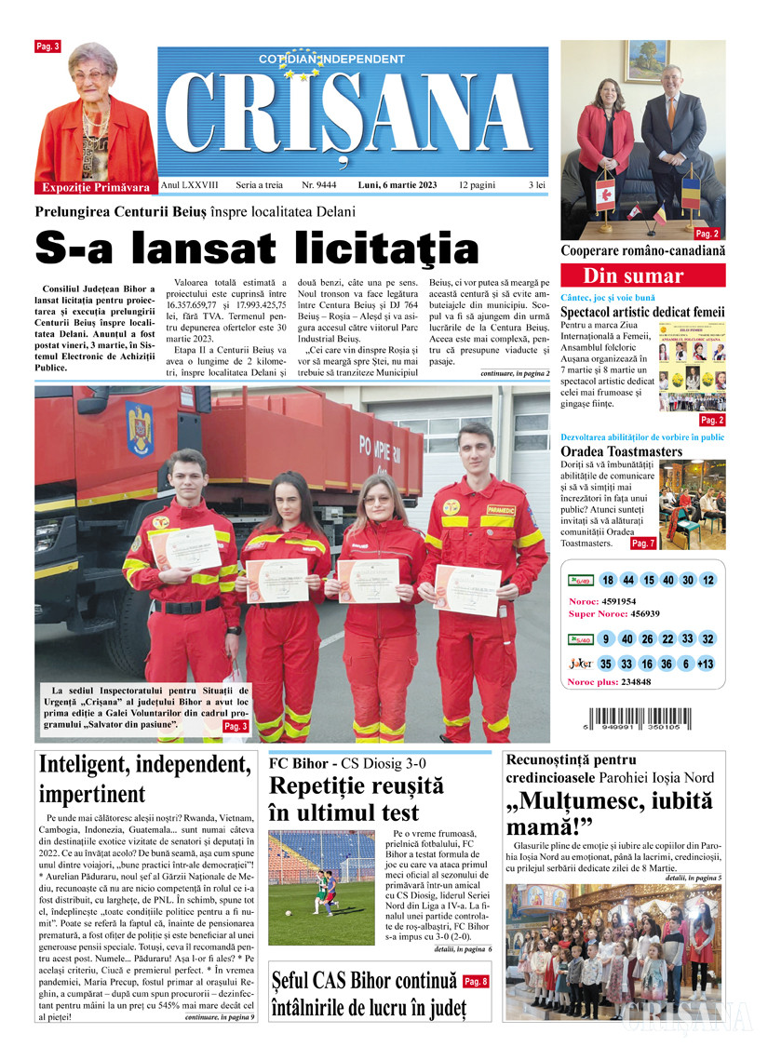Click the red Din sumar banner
click(633, 275)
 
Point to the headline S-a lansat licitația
click(257, 248)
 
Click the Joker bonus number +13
click(707, 664)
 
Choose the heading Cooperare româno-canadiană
click(643, 251)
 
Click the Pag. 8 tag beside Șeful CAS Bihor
click(475, 981)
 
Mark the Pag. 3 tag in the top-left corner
click(47, 46)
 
